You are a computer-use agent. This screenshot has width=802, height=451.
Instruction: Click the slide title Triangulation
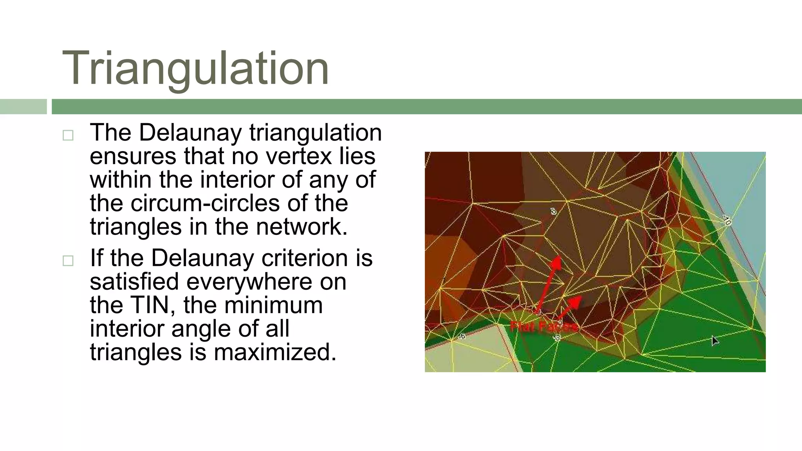[195, 69]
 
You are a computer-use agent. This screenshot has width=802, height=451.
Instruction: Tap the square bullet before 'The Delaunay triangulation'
[68, 135]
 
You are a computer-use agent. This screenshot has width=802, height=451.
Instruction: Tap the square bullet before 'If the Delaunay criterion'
[68, 261]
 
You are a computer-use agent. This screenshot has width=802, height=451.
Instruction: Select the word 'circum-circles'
[205, 203]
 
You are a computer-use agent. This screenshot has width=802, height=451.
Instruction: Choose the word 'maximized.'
[275, 352]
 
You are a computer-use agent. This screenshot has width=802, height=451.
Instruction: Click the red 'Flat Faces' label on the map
[544, 326]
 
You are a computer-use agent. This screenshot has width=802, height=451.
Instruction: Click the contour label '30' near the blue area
[727, 220]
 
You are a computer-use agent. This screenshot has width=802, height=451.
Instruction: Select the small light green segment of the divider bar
[23, 106]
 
